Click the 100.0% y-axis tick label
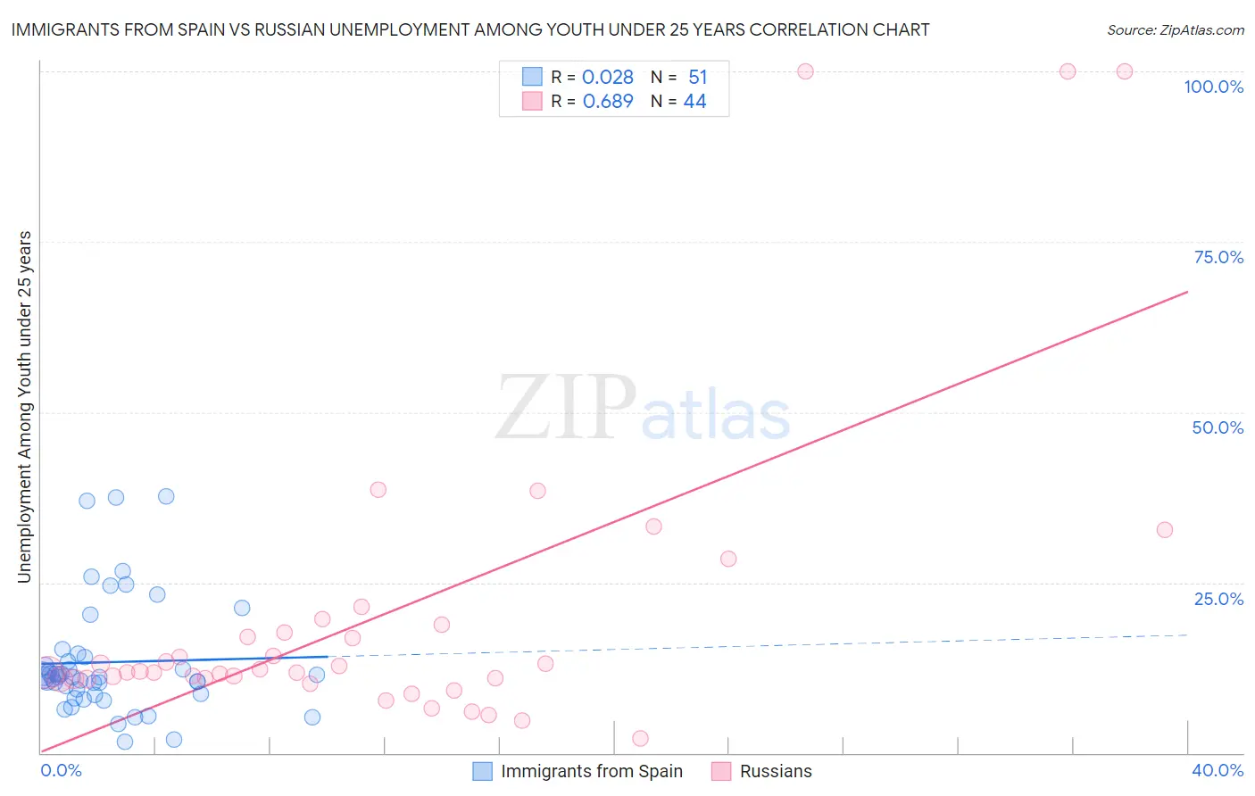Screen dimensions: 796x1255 click(x=1213, y=87)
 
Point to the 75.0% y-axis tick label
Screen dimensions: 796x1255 click(x=1218, y=257)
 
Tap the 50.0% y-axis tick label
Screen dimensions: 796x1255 click(x=1218, y=427)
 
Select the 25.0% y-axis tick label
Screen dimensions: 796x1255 click(x=1218, y=599)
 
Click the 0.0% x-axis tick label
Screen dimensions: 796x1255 click(x=61, y=770)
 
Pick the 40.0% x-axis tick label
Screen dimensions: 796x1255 click(x=1217, y=770)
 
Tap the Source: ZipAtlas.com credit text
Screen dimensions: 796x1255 click(x=1175, y=29)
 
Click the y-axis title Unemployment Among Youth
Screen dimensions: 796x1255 click(x=24, y=407)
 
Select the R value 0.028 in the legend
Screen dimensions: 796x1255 click(x=607, y=77)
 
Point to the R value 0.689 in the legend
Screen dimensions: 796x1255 click(x=607, y=101)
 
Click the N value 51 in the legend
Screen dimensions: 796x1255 click(x=697, y=77)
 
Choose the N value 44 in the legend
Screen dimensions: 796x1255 click(x=694, y=101)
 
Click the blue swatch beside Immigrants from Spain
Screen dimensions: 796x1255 click(x=482, y=771)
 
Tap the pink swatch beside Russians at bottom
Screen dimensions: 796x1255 click(x=721, y=771)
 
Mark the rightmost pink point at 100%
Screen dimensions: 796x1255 click(x=1125, y=71)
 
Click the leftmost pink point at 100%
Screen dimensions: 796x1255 click(x=805, y=71)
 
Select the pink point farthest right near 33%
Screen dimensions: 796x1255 click(x=1164, y=530)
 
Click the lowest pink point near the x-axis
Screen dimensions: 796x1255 click(x=640, y=738)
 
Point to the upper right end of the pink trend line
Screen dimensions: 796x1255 click(x=1187, y=292)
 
